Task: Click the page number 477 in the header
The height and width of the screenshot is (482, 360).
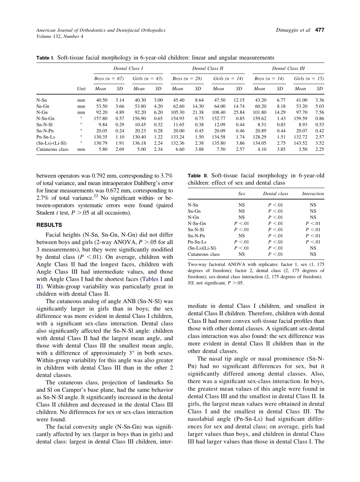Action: coord(320,30)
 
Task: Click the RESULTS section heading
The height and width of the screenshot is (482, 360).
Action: coord(49,225)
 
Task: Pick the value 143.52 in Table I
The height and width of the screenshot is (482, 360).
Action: coord(300,143)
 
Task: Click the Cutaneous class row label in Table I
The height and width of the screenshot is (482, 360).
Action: coord(52,149)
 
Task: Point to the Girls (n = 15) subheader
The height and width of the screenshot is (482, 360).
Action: coord(309,79)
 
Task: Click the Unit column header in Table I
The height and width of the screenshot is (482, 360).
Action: coord(81,89)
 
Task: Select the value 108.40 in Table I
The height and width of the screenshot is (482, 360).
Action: coord(218,113)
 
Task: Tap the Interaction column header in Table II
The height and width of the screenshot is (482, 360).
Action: coord(313,194)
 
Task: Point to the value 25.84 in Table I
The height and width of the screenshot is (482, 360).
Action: coord(238,113)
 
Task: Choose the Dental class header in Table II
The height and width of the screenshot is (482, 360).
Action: coord(275,194)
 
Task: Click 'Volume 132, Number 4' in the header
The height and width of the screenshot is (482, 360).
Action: coord(59,36)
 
